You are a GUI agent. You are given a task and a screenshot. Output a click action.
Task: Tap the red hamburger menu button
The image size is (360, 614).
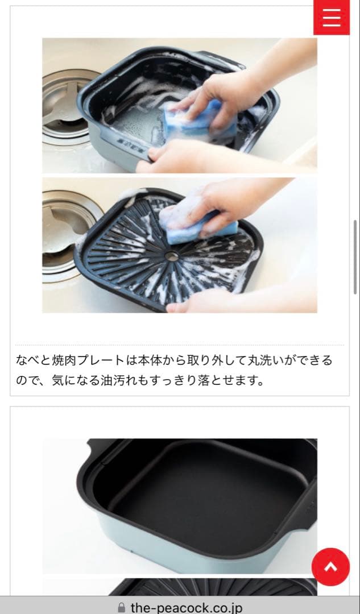[x=331, y=17]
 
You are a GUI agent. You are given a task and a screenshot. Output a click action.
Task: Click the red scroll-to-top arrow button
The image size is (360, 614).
[x=330, y=566]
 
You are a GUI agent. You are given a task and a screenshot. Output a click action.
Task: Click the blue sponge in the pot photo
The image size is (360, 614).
[x=200, y=119]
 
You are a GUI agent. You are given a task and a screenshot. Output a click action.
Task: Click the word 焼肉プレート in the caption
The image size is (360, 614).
[x=90, y=360]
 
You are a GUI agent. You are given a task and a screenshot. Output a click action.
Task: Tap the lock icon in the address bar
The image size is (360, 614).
[x=121, y=608]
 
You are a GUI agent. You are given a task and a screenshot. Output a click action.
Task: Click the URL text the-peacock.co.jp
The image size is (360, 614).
[x=186, y=608]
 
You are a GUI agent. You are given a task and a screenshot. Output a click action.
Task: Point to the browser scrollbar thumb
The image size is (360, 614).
[x=355, y=256]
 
